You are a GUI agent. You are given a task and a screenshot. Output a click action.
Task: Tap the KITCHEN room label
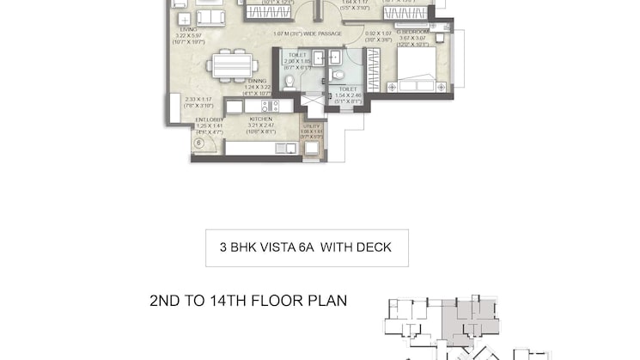tap(261, 119)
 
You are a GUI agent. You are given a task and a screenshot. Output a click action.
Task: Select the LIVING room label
tap(189, 29)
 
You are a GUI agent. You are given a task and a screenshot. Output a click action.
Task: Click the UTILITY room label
tap(311, 126)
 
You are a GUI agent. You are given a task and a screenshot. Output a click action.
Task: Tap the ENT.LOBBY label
tap(208, 119)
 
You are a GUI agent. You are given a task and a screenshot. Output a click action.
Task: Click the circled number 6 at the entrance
tap(198, 143)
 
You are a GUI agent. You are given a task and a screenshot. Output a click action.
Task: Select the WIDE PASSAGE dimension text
tap(307, 34)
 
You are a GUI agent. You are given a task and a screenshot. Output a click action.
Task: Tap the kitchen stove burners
tap(267, 106)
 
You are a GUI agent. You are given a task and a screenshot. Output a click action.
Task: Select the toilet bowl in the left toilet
tap(290, 82)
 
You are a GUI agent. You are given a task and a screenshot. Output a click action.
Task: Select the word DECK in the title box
tap(373, 247)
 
